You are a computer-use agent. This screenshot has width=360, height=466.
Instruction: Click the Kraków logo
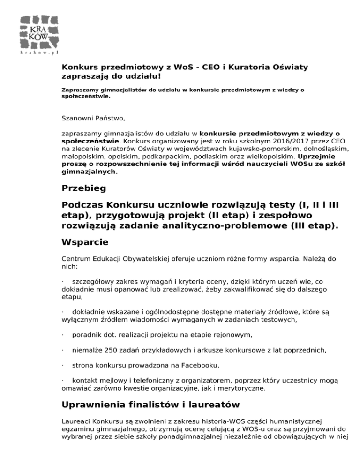click(x=39, y=32)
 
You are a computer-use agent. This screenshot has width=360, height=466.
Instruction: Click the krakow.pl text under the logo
click(x=39, y=53)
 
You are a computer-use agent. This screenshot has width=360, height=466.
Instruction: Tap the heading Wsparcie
click(x=85, y=242)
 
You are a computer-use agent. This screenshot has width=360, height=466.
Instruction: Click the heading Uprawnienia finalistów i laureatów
click(x=151, y=404)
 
